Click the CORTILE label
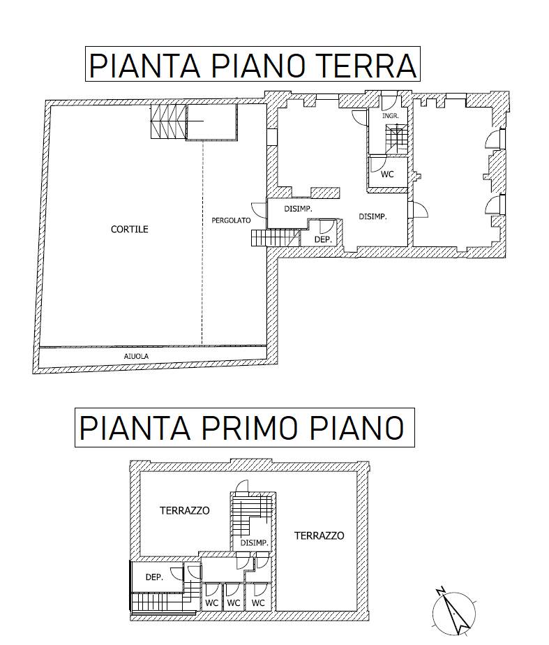pos(130,229)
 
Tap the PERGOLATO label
pos(231,221)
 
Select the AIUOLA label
pos(136,356)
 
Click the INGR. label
pos(391,116)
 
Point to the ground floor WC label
pos(387,175)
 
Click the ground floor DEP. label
pos(323,239)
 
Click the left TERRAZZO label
pos(184,510)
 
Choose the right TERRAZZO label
pos(319,535)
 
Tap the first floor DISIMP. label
pos(255,543)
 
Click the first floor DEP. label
pos(154,577)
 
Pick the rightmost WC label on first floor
pos(258,603)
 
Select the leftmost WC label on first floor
pos(211,603)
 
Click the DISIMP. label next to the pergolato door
pos(298,209)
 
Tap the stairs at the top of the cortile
pos(169,121)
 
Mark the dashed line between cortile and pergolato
pos(202,243)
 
